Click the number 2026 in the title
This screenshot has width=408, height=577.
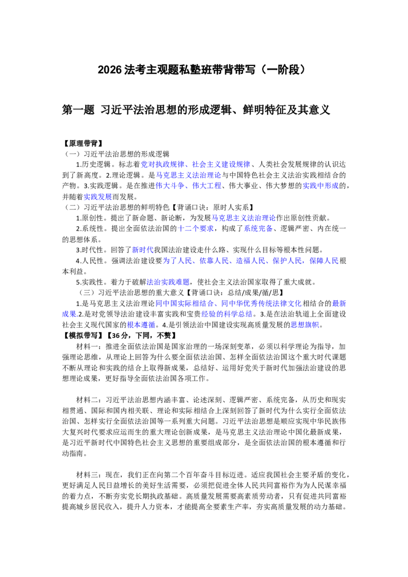coord(110,69)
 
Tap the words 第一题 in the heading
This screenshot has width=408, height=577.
coord(78,110)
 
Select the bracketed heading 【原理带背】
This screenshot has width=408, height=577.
coord(82,143)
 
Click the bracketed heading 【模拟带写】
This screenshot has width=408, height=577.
coord(82,335)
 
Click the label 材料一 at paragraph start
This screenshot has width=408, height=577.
coord(87,346)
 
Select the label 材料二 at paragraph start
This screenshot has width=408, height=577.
coord(87,400)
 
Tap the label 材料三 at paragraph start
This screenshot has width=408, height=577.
coord(87,475)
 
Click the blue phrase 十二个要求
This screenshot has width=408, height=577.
coord(195,228)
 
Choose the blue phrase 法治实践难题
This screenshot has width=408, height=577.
coord(168,282)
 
